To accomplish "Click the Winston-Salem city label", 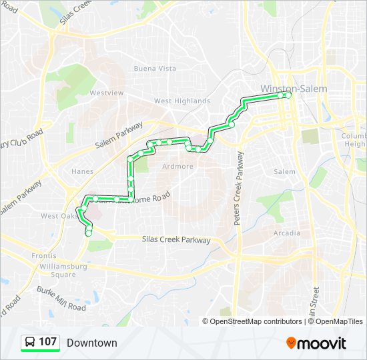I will click(294, 89).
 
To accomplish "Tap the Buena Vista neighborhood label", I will click(155, 69).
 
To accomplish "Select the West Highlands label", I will click(181, 101).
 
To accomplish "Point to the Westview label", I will click(107, 93).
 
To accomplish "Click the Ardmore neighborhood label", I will click(178, 167).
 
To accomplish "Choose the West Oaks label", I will click(58, 216).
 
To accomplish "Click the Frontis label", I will click(45, 256).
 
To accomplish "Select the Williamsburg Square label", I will click(54, 269).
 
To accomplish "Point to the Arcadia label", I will click(287, 233).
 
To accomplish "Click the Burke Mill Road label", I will click(61, 299).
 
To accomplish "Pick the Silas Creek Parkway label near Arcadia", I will click(176, 240).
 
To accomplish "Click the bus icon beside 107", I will click(30, 343).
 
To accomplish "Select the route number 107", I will click(47, 343).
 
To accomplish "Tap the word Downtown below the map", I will click(91, 343).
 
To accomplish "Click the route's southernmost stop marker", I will click(89, 233).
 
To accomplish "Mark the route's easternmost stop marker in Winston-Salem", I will click(289, 95).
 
